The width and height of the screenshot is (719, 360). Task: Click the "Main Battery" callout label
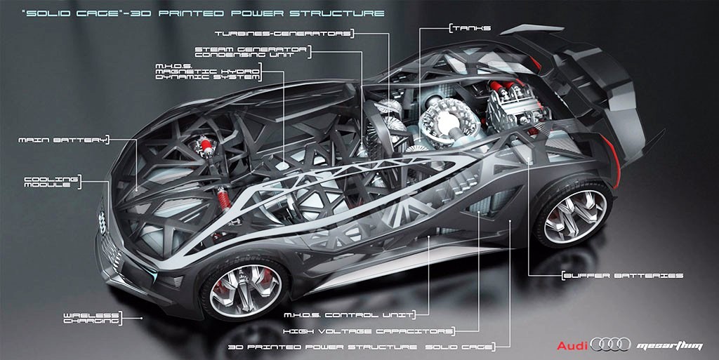[x=62, y=140]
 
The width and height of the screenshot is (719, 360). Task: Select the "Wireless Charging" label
[x=91, y=318]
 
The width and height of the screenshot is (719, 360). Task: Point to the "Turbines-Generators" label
[x=283, y=34]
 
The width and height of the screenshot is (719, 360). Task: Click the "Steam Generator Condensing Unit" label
[x=251, y=52]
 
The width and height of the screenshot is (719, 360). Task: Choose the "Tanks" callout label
[x=471, y=28]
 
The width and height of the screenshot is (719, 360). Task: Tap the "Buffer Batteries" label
[x=624, y=276]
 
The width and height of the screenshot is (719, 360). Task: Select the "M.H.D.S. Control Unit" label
[x=348, y=315]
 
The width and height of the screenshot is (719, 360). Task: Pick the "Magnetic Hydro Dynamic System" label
[x=208, y=72]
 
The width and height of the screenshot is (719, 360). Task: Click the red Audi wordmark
[x=572, y=345]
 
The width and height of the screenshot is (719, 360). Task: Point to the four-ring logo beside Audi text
[x=610, y=345]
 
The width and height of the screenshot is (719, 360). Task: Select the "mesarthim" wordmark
[x=669, y=346]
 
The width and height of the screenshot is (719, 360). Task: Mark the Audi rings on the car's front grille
[x=102, y=222]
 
